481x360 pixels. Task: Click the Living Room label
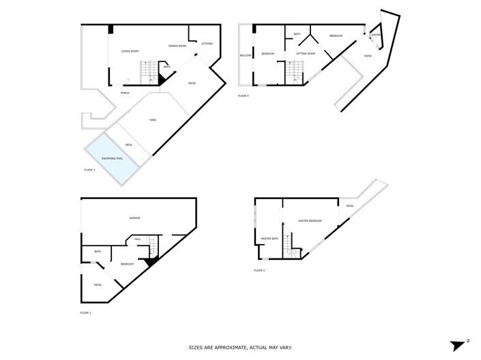coord(130,51)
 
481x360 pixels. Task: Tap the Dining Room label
coord(177,46)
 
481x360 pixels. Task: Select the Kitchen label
coord(207,44)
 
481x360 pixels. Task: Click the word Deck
coord(128,144)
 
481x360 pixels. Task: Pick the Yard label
coord(153,120)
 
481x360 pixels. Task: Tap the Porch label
coord(125,93)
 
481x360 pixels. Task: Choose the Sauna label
coord(376,34)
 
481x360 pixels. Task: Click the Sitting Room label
coord(305,53)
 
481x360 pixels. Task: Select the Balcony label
coord(246,55)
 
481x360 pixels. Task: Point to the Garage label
coord(135,218)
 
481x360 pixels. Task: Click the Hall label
coord(138,239)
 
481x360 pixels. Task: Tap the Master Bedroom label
coord(310,221)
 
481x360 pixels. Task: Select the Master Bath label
coord(269,239)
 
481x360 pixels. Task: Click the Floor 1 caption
coord(85,313)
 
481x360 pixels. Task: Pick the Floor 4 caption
coord(259,271)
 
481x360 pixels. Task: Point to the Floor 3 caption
coord(244,96)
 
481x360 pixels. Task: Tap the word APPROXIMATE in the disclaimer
coord(231,348)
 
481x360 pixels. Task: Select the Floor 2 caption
coord(89,169)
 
